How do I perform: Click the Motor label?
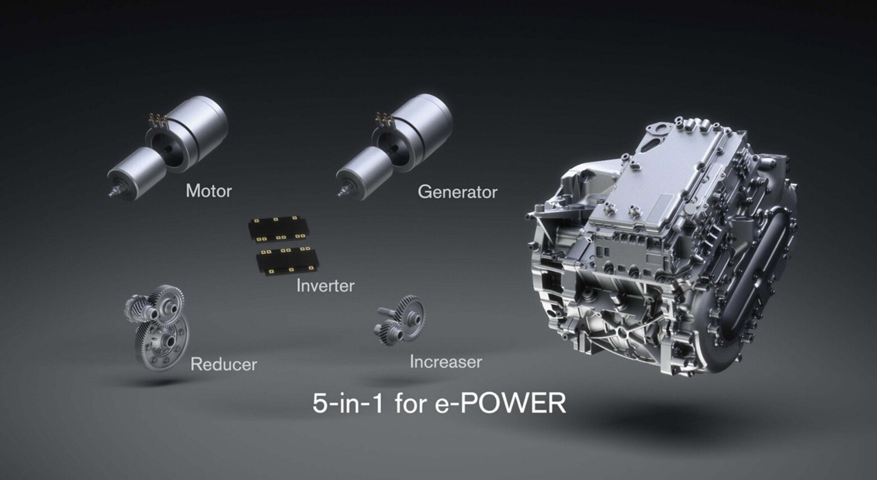209,191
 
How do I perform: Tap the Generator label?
457,192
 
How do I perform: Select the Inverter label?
325,286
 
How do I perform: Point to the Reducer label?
223,364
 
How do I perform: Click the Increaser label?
445,362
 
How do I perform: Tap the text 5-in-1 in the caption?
348,403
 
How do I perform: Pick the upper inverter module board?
278,229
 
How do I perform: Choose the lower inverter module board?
286,260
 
